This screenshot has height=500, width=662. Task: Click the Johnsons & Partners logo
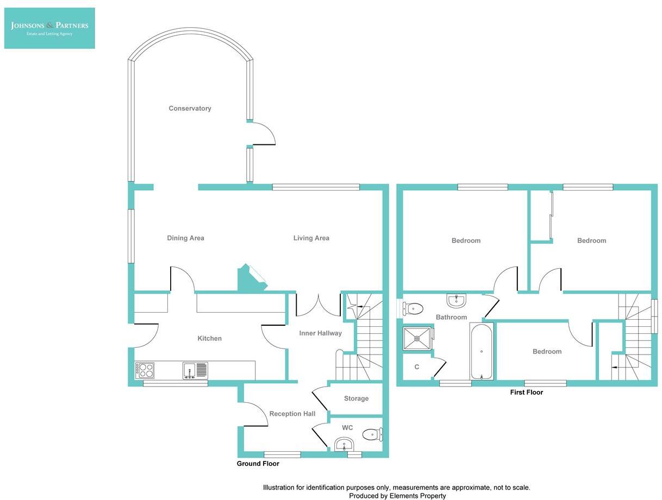[49, 28]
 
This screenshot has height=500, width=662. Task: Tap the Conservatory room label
[190, 109]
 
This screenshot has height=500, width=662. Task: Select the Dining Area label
[185, 238]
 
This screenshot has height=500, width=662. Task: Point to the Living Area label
[311, 238]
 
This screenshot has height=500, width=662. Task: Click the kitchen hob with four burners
[145, 370]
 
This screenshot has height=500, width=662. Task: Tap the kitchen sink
[195, 370]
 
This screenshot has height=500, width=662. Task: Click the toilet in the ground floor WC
[372, 434]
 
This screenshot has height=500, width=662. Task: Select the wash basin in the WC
[344, 445]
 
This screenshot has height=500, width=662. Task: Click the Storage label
[356, 398]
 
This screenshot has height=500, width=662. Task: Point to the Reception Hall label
[292, 414]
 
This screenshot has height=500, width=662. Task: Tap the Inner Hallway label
[320, 333]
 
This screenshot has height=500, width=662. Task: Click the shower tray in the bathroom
[417, 339]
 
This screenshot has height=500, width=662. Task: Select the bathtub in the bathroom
[482, 351]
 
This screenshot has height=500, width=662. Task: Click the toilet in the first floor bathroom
[413, 309]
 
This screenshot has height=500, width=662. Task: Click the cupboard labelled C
[417, 367]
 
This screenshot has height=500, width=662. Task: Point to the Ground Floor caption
[258, 464]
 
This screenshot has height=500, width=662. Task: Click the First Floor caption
[526, 392]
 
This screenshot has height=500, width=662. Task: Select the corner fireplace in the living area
[251, 278]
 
